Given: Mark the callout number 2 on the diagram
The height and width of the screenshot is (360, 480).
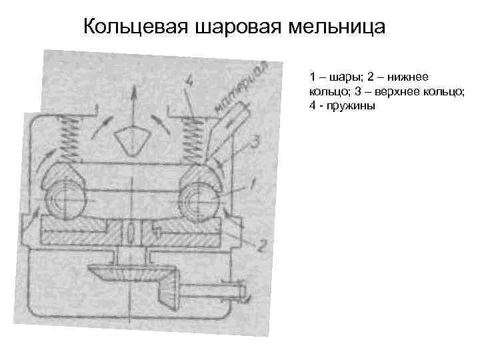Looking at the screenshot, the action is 261,245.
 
